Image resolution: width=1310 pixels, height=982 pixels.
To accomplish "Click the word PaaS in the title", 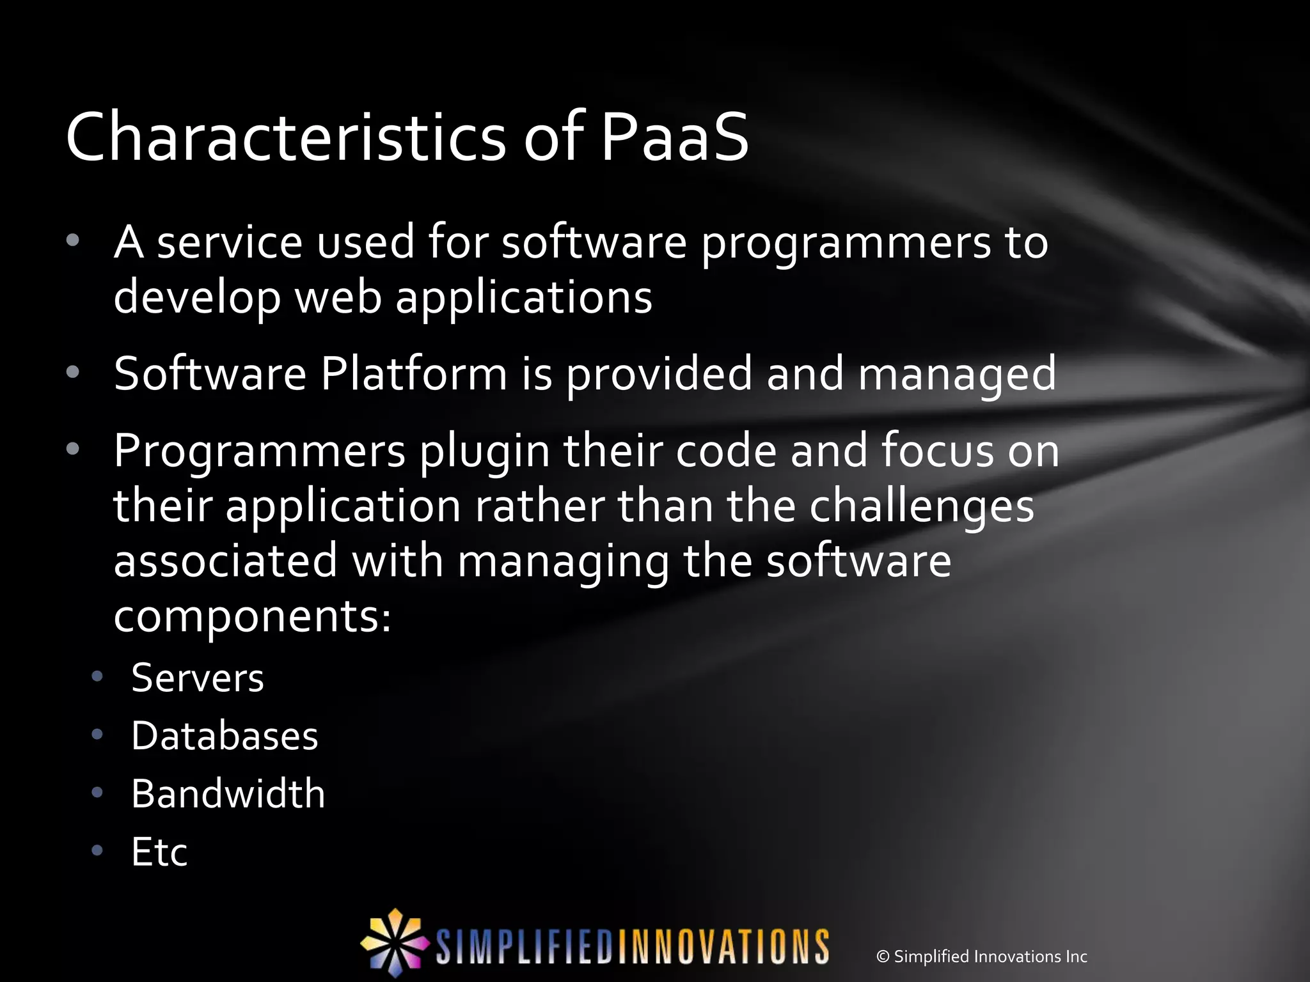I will (x=674, y=138).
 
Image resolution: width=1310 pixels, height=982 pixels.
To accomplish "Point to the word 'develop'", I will (x=197, y=299).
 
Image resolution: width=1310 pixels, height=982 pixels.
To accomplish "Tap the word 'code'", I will (x=725, y=450).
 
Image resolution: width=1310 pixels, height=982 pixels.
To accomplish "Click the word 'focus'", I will (x=938, y=450).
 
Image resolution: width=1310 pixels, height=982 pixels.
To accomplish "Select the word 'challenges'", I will (x=921, y=508).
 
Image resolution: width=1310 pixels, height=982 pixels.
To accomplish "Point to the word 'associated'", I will (x=225, y=560).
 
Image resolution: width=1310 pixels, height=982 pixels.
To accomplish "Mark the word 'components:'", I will (x=253, y=618).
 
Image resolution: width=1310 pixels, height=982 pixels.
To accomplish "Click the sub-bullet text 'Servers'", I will (x=197, y=678).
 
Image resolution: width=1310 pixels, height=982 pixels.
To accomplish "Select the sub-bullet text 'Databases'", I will (x=225, y=736).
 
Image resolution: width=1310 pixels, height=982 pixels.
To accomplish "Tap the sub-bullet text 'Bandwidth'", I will (x=228, y=794).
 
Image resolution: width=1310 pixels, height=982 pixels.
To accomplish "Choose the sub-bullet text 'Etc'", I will (x=159, y=852).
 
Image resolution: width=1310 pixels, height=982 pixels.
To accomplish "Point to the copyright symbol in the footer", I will (x=883, y=957).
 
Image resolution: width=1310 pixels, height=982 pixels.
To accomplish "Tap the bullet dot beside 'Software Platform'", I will (x=73, y=372).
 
